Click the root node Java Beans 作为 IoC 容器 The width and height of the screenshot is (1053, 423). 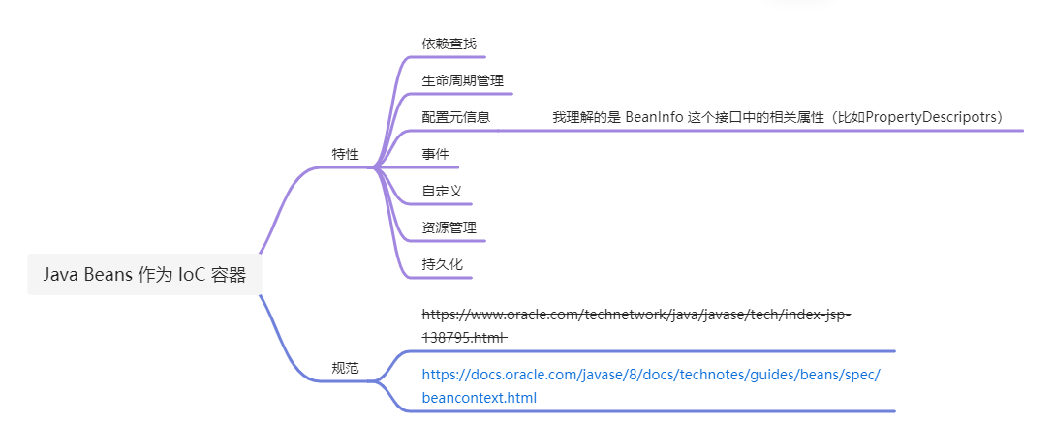[x=143, y=274]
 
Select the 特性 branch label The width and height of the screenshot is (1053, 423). [x=345, y=154]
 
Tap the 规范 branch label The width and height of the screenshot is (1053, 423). [x=345, y=368]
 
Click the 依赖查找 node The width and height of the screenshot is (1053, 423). [x=449, y=44]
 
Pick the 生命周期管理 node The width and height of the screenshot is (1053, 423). [x=462, y=80]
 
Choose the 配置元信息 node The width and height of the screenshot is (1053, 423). [x=455, y=117]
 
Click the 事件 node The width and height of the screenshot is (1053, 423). [x=435, y=154]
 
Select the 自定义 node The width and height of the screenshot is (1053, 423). [x=442, y=191]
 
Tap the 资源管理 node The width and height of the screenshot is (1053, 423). [x=449, y=227]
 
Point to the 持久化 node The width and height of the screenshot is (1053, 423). [x=442, y=264]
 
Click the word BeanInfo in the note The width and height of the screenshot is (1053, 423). [x=654, y=117]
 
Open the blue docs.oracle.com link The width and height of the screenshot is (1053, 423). [x=650, y=375]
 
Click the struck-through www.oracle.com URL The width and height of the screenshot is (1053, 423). [x=635, y=315]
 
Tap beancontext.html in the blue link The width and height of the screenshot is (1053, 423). [x=479, y=398]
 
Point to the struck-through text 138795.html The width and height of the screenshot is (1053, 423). [x=463, y=337]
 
